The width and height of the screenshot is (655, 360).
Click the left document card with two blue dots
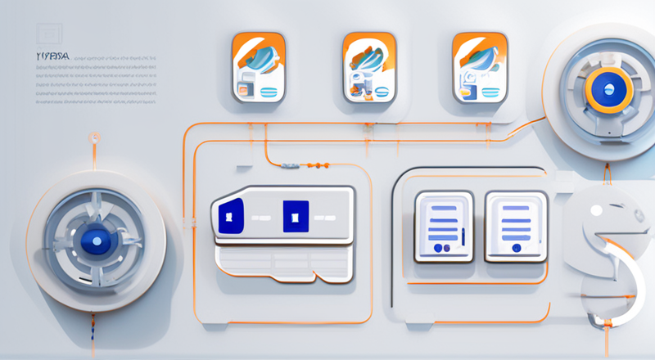pyautogui.click(x=443, y=226)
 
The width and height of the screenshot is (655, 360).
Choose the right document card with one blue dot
pyautogui.click(x=515, y=226)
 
